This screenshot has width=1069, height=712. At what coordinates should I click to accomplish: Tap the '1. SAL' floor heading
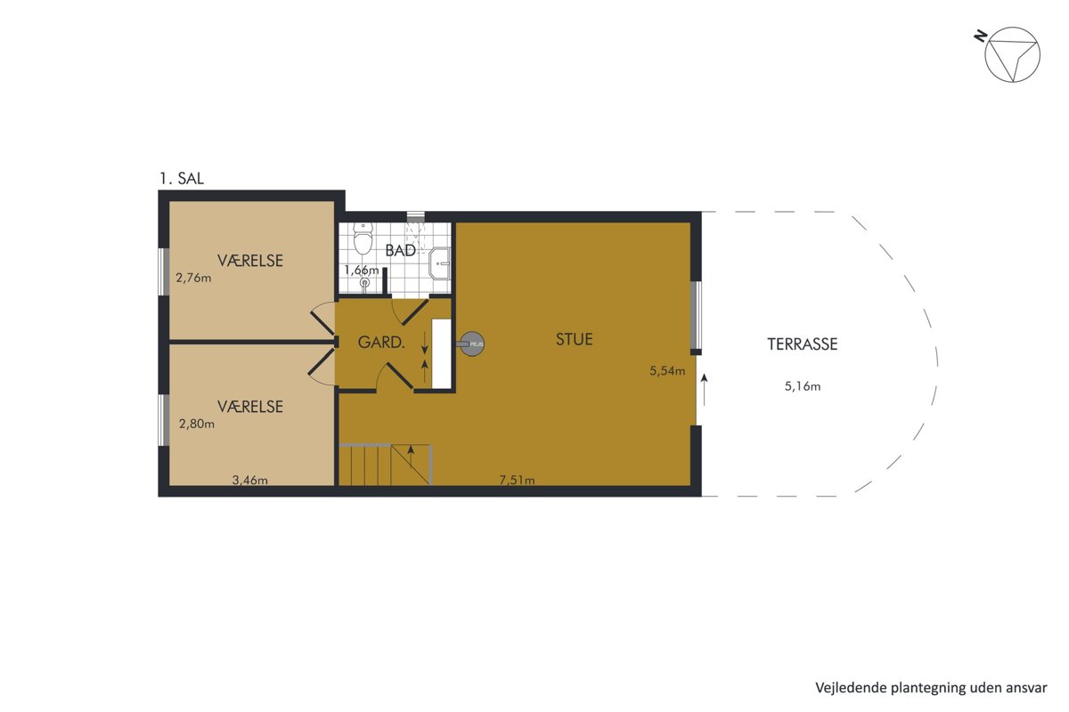click(x=182, y=179)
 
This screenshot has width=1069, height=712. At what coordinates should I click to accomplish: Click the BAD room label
click(x=400, y=250)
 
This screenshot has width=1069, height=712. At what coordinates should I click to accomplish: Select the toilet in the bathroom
click(x=363, y=238)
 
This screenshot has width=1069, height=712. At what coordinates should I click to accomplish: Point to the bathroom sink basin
click(x=439, y=263)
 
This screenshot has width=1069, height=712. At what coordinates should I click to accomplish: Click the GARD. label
click(x=381, y=342)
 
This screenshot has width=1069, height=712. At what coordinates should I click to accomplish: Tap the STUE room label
click(x=574, y=339)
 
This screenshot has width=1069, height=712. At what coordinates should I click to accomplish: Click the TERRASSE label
click(x=803, y=344)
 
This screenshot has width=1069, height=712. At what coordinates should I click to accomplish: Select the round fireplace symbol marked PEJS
click(x=472, y=344)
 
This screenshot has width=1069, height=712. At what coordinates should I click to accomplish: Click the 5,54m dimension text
click(x=667, y=370)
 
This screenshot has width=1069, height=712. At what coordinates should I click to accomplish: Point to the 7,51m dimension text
click(x=517, y=480)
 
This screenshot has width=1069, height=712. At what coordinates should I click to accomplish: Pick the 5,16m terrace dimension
click(x=803, y=385)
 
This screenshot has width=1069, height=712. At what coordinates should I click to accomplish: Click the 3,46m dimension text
click(x=249, y=480)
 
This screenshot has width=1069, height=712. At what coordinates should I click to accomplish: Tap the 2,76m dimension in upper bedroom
click(x=193, y=278)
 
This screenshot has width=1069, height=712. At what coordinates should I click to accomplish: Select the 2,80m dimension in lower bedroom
click(x=196, y=424)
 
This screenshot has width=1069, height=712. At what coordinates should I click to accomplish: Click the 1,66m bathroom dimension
click(x=362, y=271)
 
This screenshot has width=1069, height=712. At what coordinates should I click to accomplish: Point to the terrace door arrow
click(x=704, y=390)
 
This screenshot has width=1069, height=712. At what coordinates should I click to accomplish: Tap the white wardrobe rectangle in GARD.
click(x=441, y=354)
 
